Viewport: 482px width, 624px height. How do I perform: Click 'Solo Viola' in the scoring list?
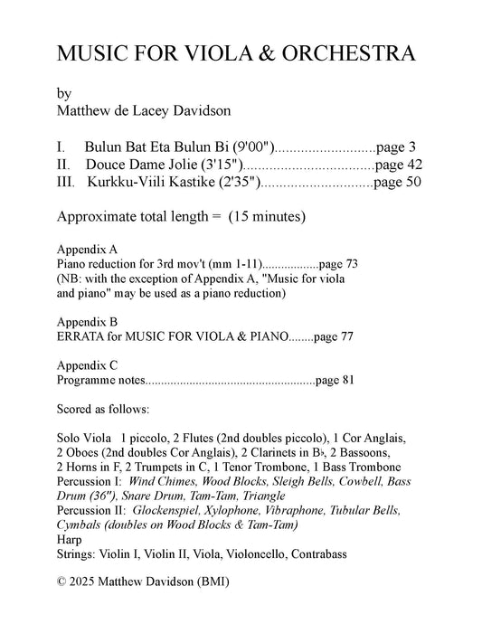click(83, 438)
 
